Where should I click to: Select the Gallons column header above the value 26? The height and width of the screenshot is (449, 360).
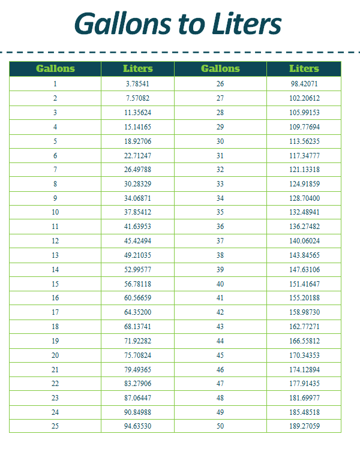pyautogui.click(x=220, y=69)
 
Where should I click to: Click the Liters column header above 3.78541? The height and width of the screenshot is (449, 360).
pyautogui.click(x=138, y=69)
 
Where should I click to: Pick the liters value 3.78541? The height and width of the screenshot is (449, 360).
pyautogui.click(x=138, y=84)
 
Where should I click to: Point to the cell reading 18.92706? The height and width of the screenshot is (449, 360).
pyautogui.click(x=138, y=141)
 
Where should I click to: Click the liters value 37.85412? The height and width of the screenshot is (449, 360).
pyautogui.click(x=138, y=212)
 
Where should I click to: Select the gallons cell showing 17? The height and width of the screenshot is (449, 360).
pyautogui.click(x=55, y=312)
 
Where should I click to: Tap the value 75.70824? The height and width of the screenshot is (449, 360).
pyautogui.click(x=138, y=355)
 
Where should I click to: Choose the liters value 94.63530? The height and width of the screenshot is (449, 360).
pyautogui.click(x=138, y=426)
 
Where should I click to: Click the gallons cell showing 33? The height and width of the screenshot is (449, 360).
pyautogui.click(x=220, y=184)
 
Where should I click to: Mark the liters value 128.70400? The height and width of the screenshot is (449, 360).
pyautogui.click(x=304, y=198)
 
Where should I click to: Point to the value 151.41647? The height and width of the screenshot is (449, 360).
pyautogui.click(x=304, y=284)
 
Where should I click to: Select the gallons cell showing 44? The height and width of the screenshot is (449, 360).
pyautogui.click(x=220, y=340)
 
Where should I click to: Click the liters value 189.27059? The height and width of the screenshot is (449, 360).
pyautogui.click(x=304, y=426)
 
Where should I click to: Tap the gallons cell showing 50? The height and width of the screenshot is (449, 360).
pyautogui.click(x=220, y=426)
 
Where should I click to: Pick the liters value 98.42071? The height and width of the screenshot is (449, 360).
pyautogui.click(x=304, y=84)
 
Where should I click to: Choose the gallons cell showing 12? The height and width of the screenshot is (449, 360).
pyautogui.click(x=55, y=241)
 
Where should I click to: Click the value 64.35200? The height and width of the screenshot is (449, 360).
pyautogui.click(x=138, y=312)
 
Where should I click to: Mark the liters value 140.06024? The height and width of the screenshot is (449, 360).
pyautogui.click(x=304, y=241)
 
